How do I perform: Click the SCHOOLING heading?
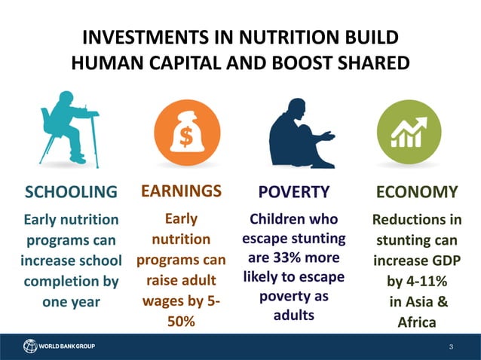coord(72,192)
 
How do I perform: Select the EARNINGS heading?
coord(181,191)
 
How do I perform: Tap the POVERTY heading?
coord(293,192)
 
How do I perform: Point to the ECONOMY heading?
coord(416,192)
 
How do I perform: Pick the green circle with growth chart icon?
coord(409,132)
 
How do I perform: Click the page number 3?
coord(450,346)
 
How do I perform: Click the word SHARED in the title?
coord(369,63)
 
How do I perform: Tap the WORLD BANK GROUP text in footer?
coord(68,346)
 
